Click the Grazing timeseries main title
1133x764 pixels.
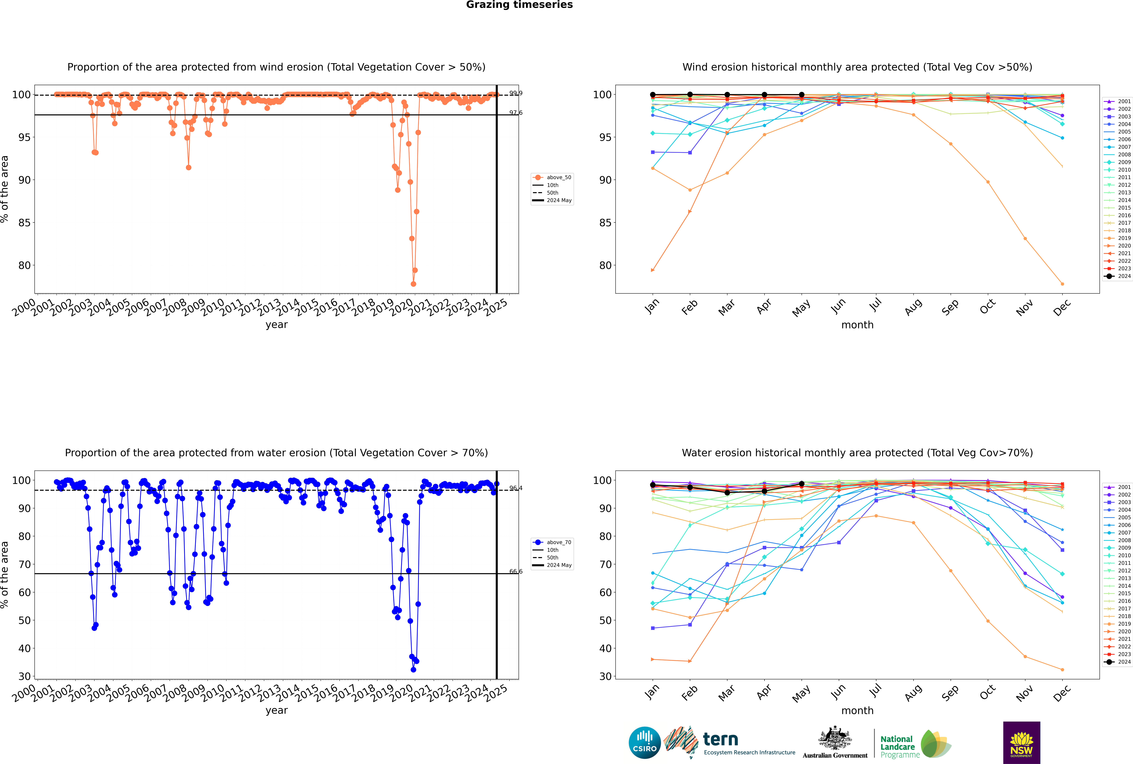click(x=519, y=5)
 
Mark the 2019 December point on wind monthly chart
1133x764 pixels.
click(x=1062, y=284)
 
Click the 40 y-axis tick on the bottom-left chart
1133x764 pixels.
click(x=24, y=649)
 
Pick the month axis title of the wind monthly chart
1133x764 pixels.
click(x=857, y=325)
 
